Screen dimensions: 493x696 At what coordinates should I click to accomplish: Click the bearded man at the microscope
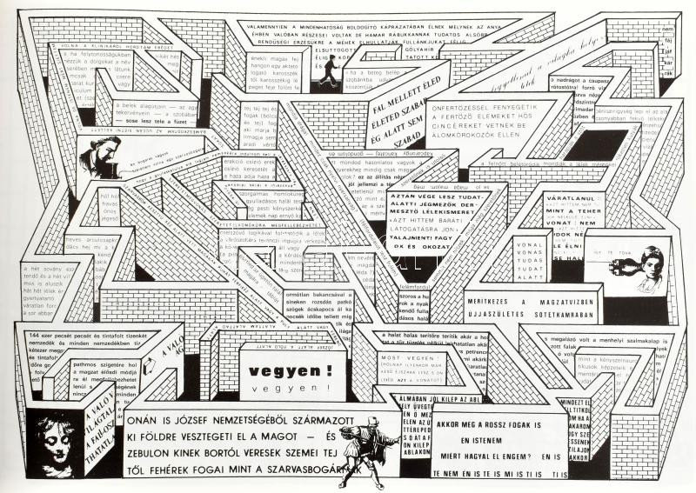[97, 156]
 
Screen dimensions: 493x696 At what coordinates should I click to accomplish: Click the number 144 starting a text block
[37, 335]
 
